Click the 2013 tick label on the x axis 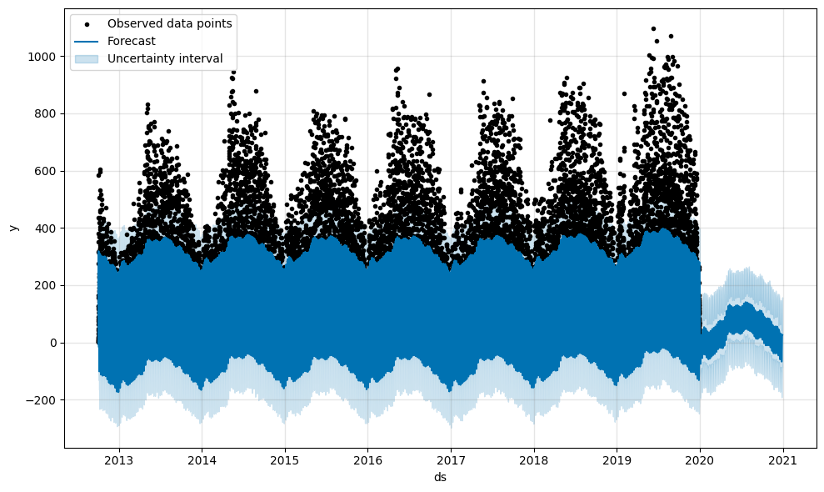point(119,460)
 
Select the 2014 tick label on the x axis point(202,460)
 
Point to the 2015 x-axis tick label point(285,460)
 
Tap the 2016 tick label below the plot point(367,460)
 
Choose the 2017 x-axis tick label point(451,460)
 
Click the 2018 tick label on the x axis point(534,460)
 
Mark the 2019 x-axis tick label point(617,460)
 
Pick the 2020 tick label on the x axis point(700,460)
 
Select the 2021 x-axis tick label point(783,460)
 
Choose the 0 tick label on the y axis point(52,343)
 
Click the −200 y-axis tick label point(41,400)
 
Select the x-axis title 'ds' point(440,477)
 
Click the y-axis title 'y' point(12,228)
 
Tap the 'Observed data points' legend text point(169,23)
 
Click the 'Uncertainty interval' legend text point(165,58)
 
